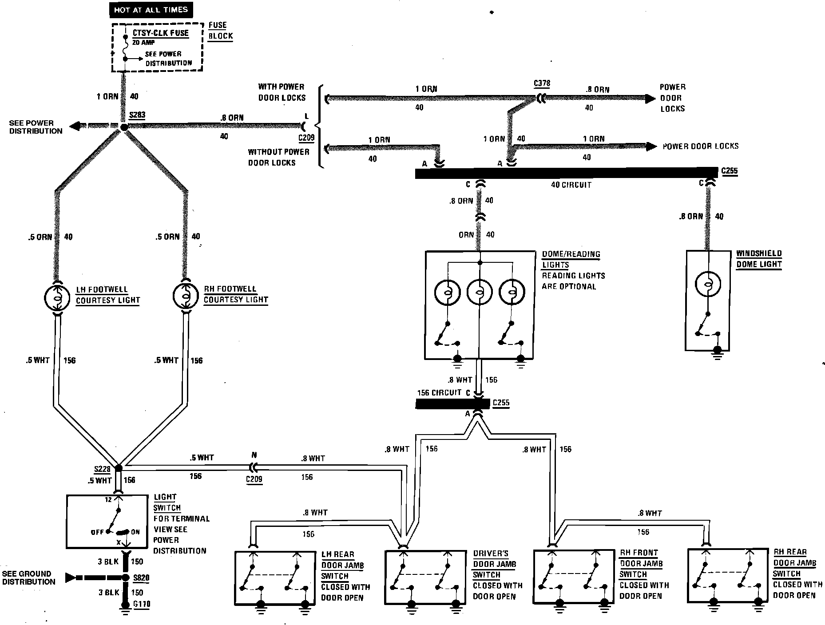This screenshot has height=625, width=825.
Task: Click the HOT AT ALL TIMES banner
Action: click(151, 10)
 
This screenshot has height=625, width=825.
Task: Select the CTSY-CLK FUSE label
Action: click(160, 33)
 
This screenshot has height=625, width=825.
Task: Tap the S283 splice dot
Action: click(124, 127)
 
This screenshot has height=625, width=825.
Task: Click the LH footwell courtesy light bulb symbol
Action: click(57, 297)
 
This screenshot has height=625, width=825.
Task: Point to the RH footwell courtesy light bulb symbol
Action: click(186, 296)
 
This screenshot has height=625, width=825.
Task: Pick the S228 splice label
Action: click(102, 469)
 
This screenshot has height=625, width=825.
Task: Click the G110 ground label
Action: click(142, 604)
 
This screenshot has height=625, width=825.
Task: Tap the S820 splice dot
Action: click(125, 578)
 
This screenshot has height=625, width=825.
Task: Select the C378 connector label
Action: click(542, 83)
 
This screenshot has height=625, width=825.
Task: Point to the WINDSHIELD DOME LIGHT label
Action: click(759, 259)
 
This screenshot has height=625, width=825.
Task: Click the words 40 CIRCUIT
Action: click(571, 185)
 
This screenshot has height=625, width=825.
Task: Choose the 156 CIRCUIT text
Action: click(439, 393)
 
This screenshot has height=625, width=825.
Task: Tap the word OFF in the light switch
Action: click(97, 532)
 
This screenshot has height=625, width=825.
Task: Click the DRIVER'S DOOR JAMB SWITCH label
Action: click(494, 564)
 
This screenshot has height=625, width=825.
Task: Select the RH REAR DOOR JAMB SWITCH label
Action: click(795, 563)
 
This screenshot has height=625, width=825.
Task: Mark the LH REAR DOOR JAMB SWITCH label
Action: click(342, 566)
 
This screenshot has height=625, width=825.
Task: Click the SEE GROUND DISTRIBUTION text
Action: click(28, 578)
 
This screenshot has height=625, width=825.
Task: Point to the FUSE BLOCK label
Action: click(220, 31)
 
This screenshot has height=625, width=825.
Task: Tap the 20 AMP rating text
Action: click(143, 43)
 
